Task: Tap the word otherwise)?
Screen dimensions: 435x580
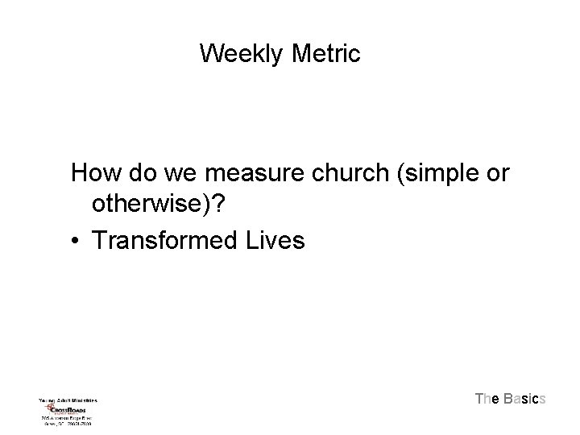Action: pos(162,206)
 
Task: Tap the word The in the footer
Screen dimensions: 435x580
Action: pos(487,399)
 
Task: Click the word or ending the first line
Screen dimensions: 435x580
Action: pos(499,172)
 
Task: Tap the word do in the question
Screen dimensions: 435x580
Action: pos(135,172)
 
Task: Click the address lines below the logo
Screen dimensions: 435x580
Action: pos(67,420)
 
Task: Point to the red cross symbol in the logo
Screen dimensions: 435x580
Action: pos(48,408)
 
